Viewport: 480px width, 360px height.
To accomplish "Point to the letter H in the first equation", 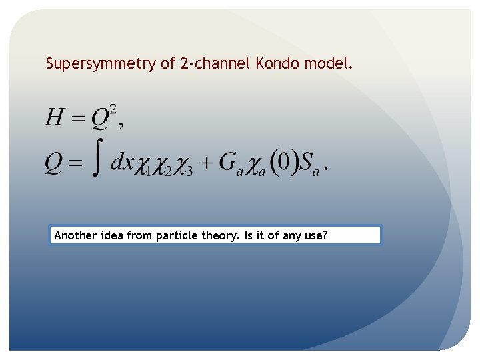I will point(55,118).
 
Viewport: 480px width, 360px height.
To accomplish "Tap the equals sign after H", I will point(78,119).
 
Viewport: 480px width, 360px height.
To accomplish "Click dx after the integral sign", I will point(122,162).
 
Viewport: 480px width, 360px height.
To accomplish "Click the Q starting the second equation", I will point(55,163).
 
